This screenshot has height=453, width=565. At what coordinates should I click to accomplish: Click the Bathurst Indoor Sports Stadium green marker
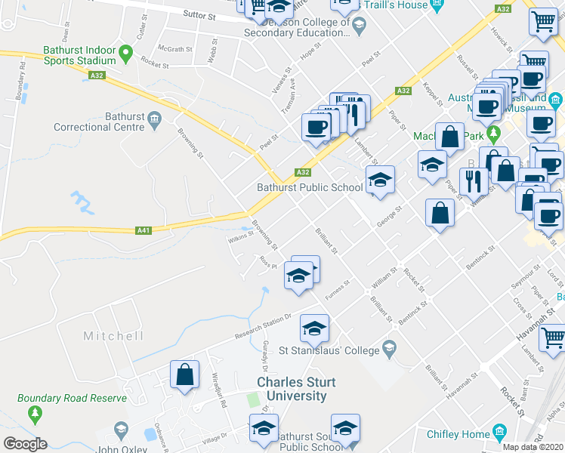126,54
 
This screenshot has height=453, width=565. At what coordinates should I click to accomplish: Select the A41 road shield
143,230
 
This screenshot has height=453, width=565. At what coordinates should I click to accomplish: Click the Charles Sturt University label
291,389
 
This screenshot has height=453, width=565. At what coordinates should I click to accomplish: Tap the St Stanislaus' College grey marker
389,348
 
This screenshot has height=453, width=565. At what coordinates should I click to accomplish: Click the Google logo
25,444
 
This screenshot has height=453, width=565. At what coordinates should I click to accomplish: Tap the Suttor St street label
199,14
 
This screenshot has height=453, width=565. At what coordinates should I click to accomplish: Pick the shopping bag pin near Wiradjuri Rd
185,374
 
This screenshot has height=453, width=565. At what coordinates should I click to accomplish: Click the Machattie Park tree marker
495,134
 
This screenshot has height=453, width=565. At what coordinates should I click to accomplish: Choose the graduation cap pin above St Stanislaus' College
314,328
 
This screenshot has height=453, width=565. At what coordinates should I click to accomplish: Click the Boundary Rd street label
20,85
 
